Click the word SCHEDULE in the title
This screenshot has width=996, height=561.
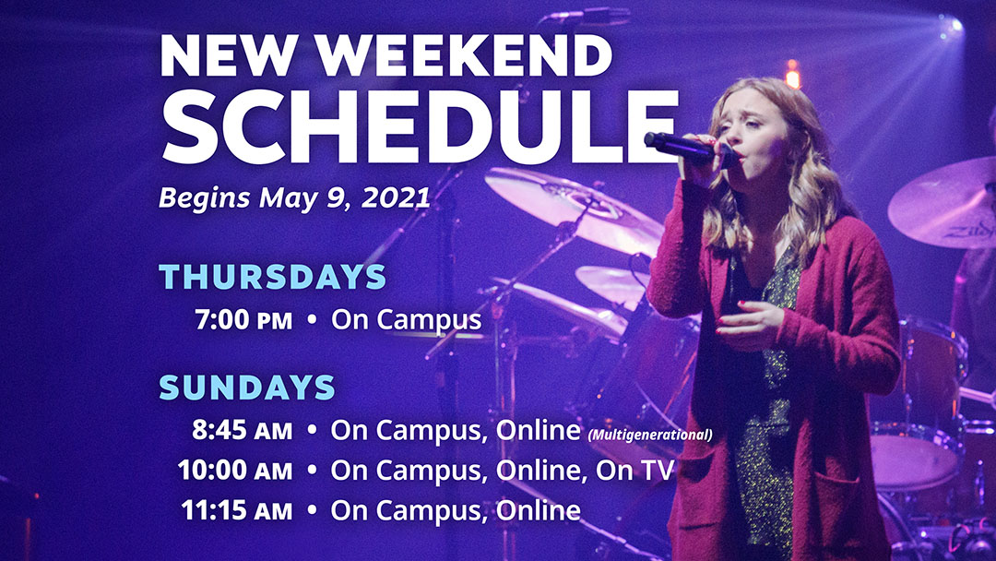click(420, 125)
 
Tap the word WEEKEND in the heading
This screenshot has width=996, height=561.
click(464, 55)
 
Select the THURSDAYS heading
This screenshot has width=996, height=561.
click(272, 277)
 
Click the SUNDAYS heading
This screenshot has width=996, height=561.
click(247, 387)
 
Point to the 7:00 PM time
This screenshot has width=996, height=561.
click(243, 319)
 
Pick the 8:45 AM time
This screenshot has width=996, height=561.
click(242, 430)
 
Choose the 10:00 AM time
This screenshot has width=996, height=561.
click(235, 471)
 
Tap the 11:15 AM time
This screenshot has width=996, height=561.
click(237, 511)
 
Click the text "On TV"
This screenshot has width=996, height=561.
click(634, 471)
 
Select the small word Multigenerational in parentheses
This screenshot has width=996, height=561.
click(650, 436)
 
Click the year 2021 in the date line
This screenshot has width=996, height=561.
click(396, 197)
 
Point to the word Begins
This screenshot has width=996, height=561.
click(205, 198)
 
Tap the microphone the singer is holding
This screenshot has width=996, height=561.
click(691, 149)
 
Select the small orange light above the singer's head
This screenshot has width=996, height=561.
click(792, 75)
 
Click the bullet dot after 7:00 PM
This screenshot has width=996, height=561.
click(312, 319)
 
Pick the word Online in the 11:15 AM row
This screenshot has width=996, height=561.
click(538, 511)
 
